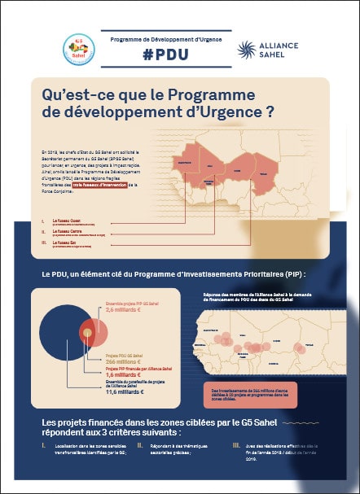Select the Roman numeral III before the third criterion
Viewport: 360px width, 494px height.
(x=235, y=446)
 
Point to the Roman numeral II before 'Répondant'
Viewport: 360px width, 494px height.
(x=140, y=446)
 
